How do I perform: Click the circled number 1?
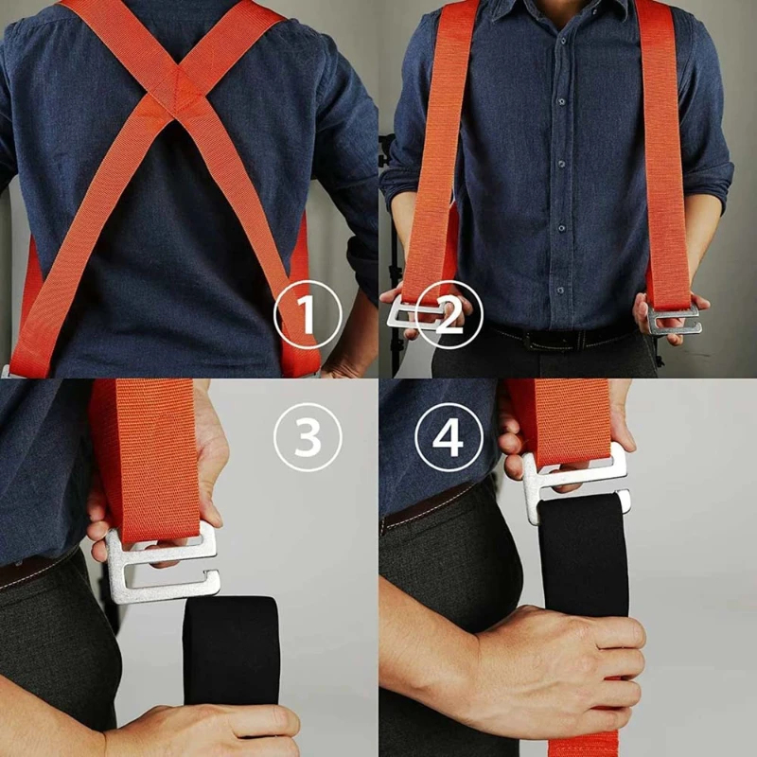(x=308, y=315)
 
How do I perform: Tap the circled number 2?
(x=449, y=315)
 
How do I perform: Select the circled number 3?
(x=308, y=437)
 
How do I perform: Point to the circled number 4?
(x=449, y=437)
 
